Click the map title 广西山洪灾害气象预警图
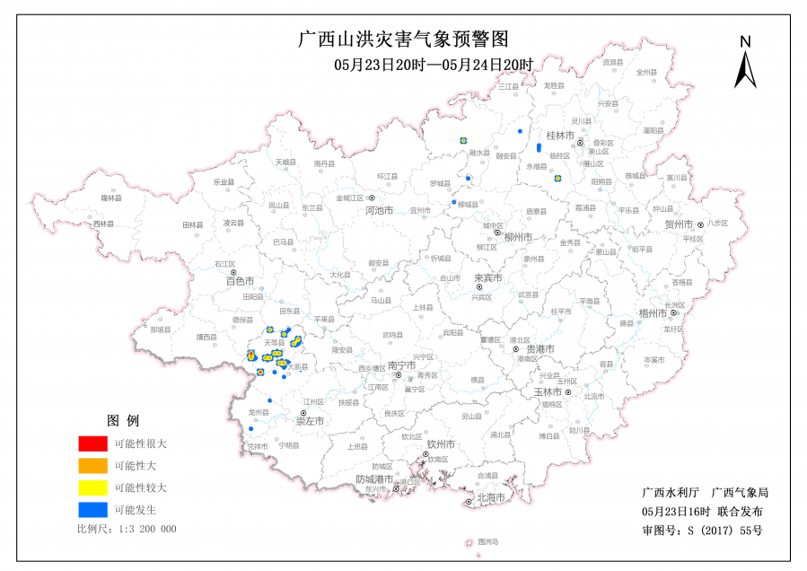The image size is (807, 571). pyautogui.click(x=403, y=40)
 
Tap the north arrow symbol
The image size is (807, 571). pyautogui.click(x=745, y=63)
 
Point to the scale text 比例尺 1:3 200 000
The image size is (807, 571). pyautogui.click(x=127, y=529)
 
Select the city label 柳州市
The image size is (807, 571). pyautogui.click(x=517, y=237)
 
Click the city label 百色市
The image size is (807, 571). pyautogui.click(x=240, y=281)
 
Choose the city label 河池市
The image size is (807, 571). pyautogui.click(x=380, y=211)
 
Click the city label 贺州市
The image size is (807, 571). pyautogui.click(x=679, y=224)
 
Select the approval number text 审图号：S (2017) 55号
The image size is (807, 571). pyautogui.click(x=703, y=530)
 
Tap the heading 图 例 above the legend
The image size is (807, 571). pyautogui.click(x=123, y=420)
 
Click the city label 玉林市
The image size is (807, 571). pyautogui.click(x=548, y=392)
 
